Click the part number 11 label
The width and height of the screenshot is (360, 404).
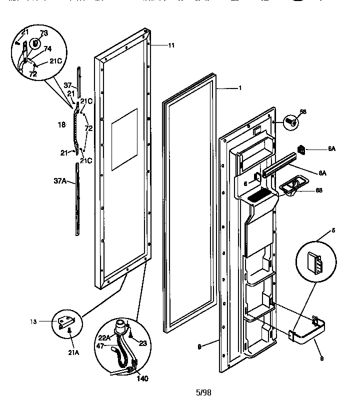click(x=171, y=45)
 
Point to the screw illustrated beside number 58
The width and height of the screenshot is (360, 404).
click(x=290, y=121)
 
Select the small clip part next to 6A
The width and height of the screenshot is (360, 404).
click(x=302, y=149)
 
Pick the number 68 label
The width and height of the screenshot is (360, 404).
click(x=318, y=190)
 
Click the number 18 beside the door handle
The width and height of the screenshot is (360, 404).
click(x=61, y=125)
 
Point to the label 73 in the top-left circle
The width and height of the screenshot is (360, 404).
click(x=44, y=33)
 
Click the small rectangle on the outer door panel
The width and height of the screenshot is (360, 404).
click(x=123, y=138)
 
